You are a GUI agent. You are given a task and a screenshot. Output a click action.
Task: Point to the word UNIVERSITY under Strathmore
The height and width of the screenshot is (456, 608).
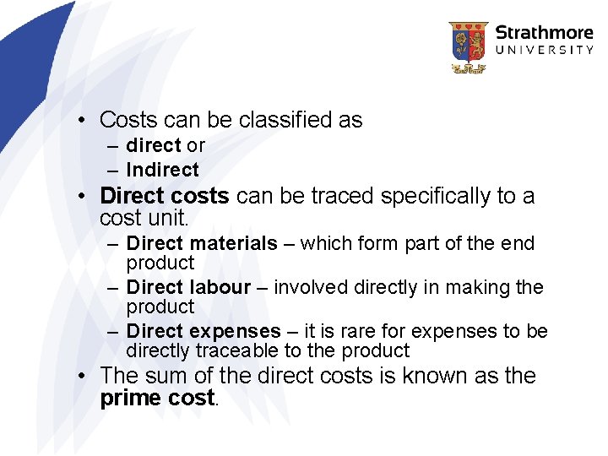544,51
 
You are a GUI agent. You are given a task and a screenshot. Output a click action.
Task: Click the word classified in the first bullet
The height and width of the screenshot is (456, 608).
286,120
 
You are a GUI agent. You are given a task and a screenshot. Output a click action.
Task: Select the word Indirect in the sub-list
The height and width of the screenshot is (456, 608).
162,170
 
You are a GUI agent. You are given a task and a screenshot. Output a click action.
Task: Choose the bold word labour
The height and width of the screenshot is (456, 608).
220,287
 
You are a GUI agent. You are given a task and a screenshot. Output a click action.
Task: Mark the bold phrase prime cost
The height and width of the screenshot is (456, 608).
157,398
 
